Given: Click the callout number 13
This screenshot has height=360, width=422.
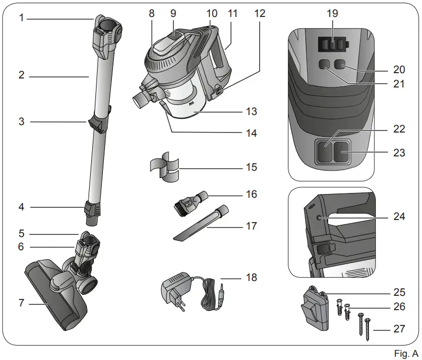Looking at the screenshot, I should (252, 112).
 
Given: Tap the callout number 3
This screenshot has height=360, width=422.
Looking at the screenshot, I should (21, 122).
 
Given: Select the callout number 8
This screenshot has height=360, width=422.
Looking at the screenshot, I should (152, 13).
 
